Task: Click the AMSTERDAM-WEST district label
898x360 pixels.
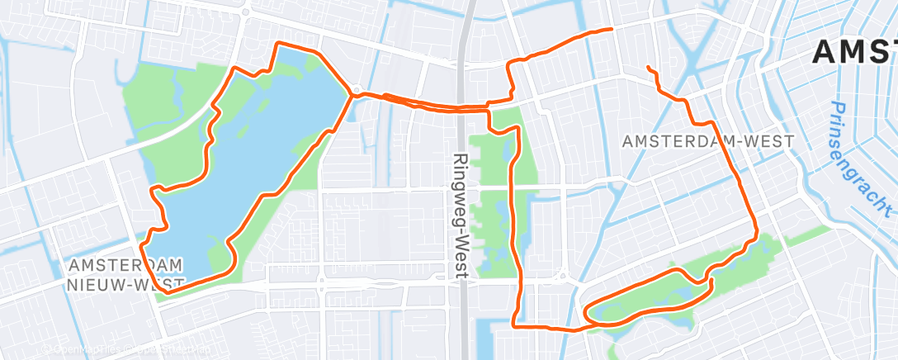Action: [707, 141]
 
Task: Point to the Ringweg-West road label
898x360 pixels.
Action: [461, 216]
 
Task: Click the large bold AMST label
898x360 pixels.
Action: [854, 51]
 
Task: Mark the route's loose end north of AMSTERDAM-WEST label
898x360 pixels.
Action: [649, 67]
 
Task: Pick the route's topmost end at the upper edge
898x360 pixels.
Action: [612, 29]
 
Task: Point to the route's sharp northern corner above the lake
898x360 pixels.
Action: [277, 43]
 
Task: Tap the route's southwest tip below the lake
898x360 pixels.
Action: [166, 291]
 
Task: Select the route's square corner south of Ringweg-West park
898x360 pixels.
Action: [515, 324]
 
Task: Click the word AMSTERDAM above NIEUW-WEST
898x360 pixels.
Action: [126, 265]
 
